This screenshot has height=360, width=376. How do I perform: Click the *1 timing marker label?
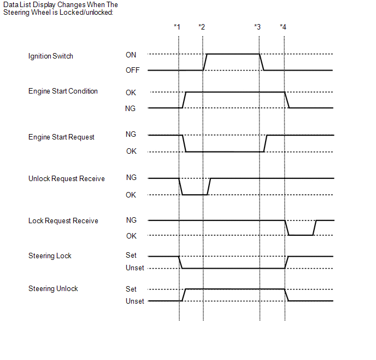[177, 27]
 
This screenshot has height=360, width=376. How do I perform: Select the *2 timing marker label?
[202, 27]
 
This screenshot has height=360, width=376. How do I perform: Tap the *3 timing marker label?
[257, 27]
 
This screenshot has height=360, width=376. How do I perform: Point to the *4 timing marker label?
[283, 27]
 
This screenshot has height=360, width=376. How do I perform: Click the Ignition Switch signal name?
[51, 56]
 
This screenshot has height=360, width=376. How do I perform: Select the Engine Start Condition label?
[63, 91]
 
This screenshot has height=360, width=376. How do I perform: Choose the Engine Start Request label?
[61, 137]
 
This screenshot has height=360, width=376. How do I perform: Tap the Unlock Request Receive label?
[67, 178]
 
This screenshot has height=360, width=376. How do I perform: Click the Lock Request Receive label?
[63, 220]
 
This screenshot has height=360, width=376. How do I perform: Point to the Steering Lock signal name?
[50, 256]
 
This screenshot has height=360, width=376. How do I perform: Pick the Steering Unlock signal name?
[53, 288]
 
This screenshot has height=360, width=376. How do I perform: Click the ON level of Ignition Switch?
[131, 55]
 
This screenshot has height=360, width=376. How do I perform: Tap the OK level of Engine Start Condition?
[131, 92]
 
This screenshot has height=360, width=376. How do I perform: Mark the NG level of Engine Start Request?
[131, 135]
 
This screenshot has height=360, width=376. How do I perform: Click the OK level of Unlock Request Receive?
[131, 195]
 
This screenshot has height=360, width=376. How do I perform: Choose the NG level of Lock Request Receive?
[131, 220]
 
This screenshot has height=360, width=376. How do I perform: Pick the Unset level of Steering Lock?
[135, 268]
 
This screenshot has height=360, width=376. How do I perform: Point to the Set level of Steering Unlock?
[131, 289]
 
